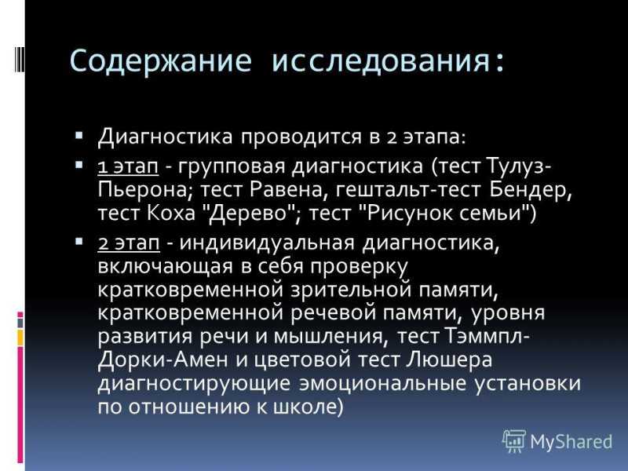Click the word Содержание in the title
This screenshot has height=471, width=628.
point(161,62)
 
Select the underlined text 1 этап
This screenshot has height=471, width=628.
point(128,166)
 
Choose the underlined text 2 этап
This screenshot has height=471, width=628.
point(129,243)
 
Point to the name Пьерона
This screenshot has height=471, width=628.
point(142,189)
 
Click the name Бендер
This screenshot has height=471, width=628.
point(530,189)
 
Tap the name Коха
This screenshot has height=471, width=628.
point(170,213)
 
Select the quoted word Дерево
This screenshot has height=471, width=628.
point(250,213)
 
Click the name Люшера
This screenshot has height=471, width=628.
point(449,360)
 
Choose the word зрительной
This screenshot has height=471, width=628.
point(351,290)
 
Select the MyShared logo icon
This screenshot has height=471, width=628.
point(514,441)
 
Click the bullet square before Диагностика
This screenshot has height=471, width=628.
point(79,135)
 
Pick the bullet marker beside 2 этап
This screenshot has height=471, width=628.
point(79,241)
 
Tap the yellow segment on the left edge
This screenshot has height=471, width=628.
point(20,338)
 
